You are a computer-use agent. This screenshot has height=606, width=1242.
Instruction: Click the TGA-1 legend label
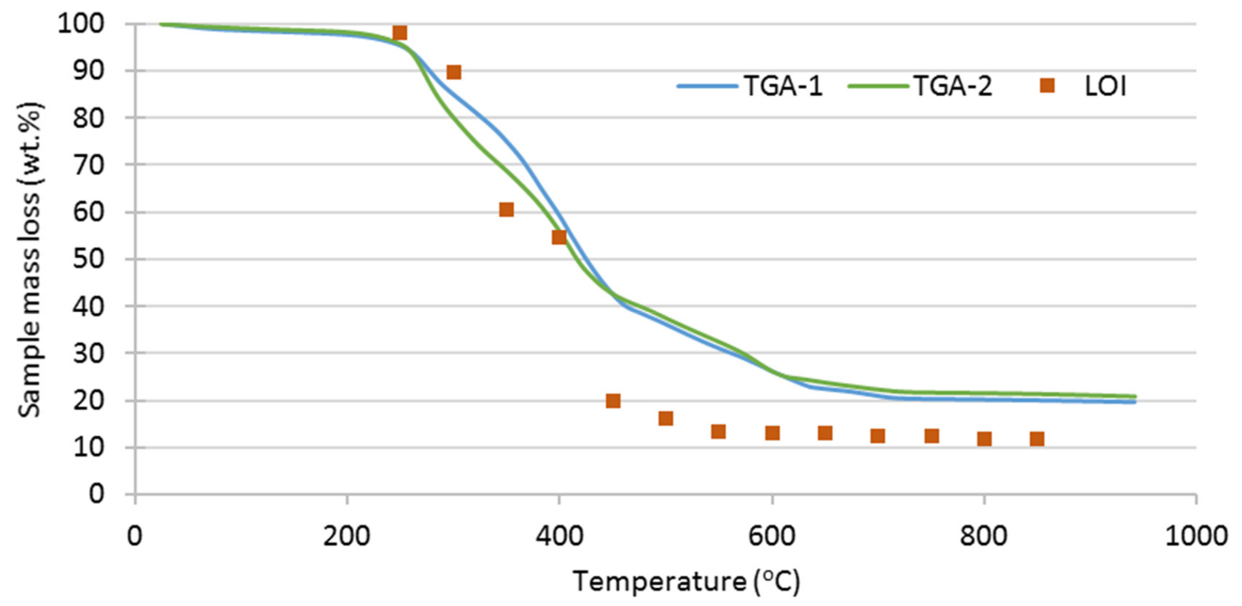(x=783, y=87)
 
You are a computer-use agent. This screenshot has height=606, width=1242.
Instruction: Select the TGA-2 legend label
(x=953, y=87)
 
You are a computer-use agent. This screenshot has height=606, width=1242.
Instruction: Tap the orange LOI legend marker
(x=1047, y=86)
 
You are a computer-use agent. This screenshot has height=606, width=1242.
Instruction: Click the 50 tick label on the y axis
(x=88, y=259)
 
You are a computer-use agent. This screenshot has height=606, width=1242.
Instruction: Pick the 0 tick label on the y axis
(x=96, y=494)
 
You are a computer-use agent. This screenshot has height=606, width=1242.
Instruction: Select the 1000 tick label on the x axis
(x=1196, y=536)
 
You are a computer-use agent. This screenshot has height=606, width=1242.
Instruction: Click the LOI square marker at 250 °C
(x=400, y=33)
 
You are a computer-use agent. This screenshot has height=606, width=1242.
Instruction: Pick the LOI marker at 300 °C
(x=454, y=72)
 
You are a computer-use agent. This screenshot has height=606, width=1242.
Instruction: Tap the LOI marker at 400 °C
(x=559, y=237)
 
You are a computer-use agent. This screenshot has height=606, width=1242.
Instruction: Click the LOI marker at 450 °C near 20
(x=613, y=401)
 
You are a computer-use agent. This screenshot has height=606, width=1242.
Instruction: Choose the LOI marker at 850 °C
(x=1037, y=439)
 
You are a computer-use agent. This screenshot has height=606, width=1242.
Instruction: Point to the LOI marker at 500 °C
(x=666, y=418)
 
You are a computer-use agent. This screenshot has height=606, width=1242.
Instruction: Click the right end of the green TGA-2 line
(x=1135, y=396)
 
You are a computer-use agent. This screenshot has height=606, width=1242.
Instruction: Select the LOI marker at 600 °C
(x=772, y=433)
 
